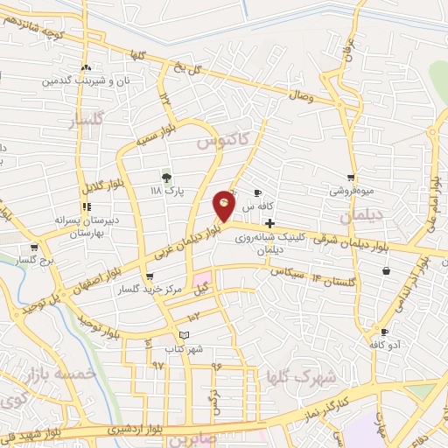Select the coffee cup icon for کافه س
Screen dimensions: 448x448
pos(257,193)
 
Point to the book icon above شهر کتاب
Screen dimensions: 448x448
pos(183,335)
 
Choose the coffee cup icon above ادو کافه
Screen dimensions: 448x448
pos(384,332)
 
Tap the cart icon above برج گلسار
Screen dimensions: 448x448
pos(33,248)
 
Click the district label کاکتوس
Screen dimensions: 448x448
pos(222,139)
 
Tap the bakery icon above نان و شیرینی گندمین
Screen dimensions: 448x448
pos(86,67)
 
